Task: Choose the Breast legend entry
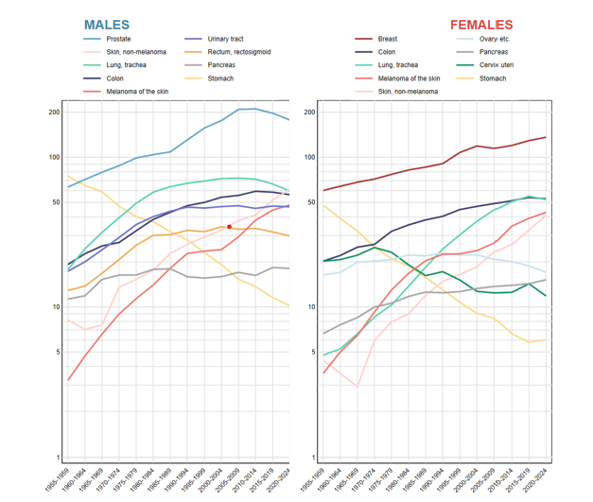tap(388, 39)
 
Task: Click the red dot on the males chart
tap(229, 227)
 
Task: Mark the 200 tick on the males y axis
tap(54, 113)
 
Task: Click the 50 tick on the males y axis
tap(56, 202)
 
